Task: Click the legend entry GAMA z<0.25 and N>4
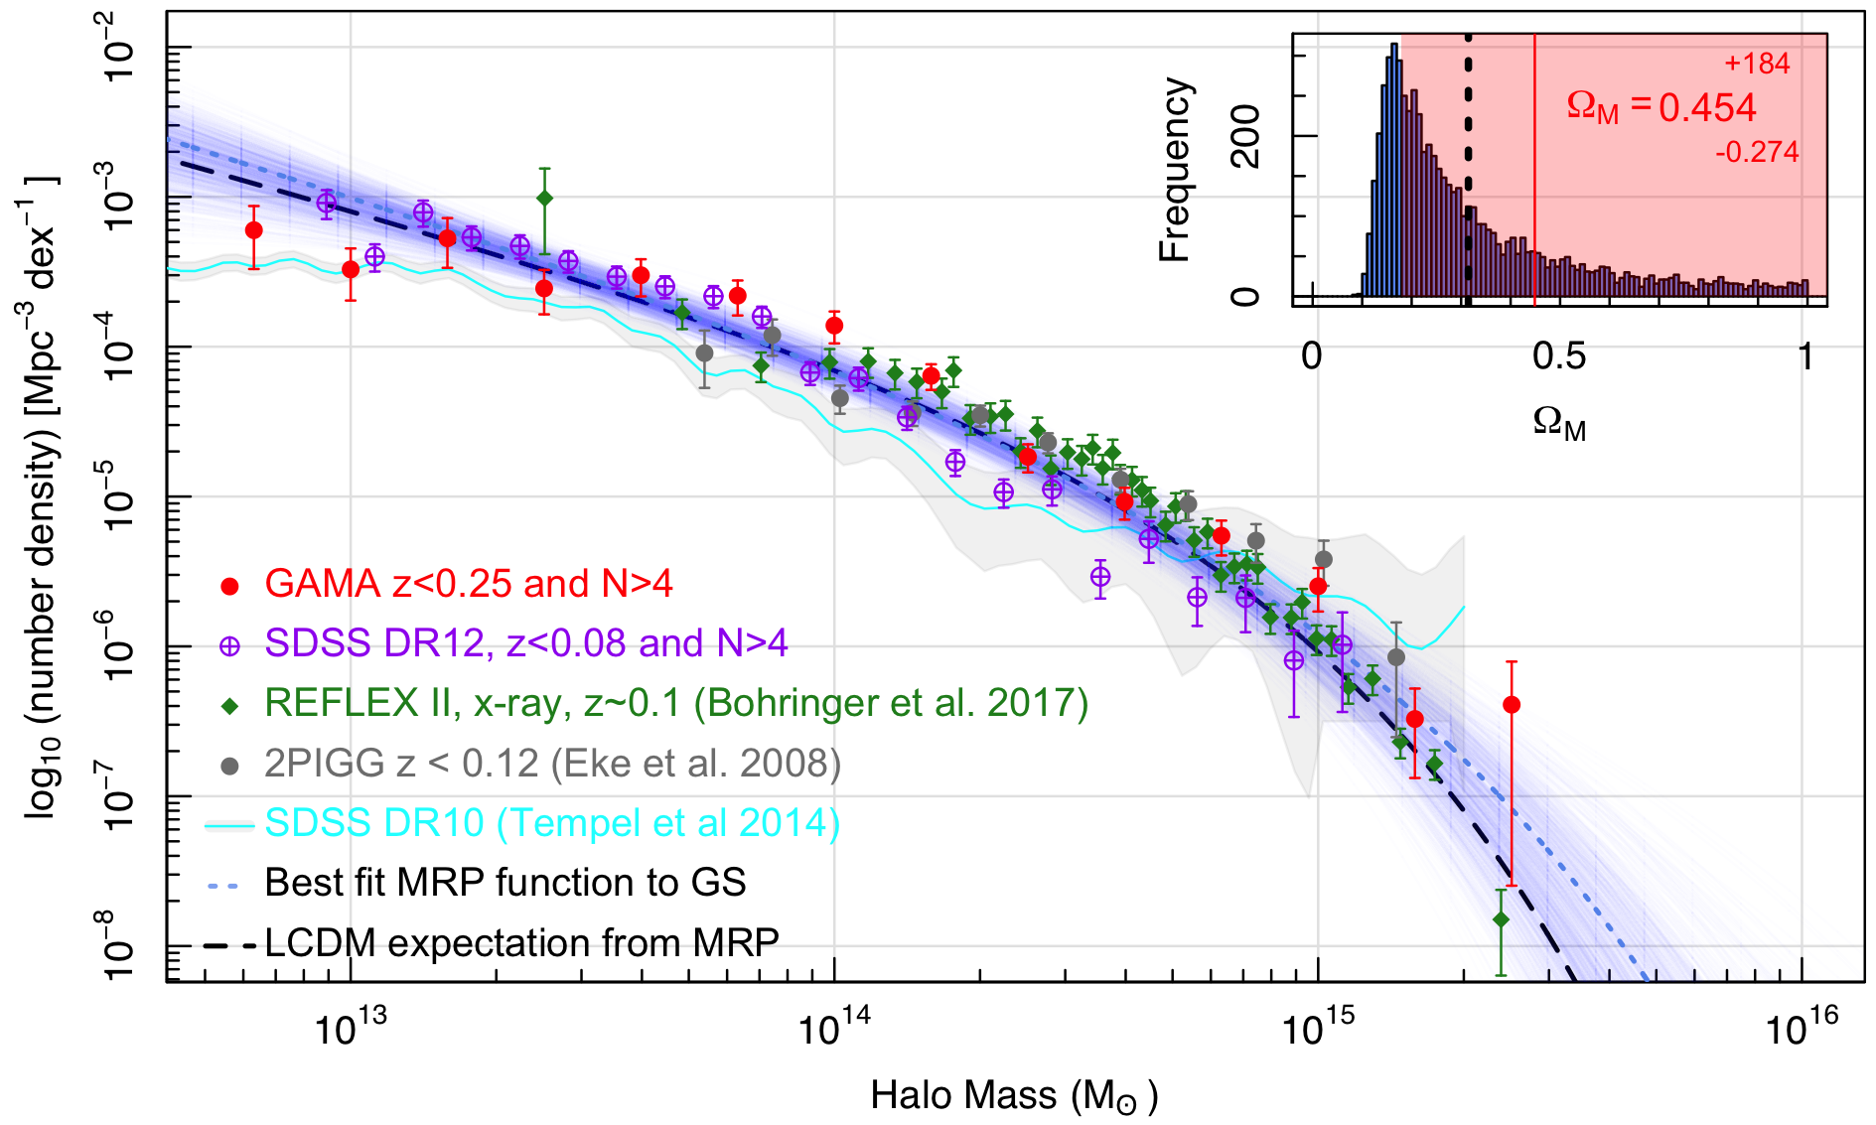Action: (468, 584)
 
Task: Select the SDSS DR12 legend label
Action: (525, 643)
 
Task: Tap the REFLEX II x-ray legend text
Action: (676, 703)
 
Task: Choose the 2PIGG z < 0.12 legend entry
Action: (552, 764)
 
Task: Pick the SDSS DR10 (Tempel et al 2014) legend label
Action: (552, 823)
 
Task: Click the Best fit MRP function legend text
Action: (505, 883)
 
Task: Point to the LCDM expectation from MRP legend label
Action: (521, 942)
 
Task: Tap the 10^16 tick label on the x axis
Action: (1802, 1029)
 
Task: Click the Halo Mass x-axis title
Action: (1014, 1096)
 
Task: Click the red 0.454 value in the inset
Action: (1707, 108)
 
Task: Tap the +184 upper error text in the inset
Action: (1757, 65)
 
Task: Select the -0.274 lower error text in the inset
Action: (1757, 152)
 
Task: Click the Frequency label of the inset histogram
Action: (1175, 169)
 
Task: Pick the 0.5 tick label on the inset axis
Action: (1559, 356)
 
